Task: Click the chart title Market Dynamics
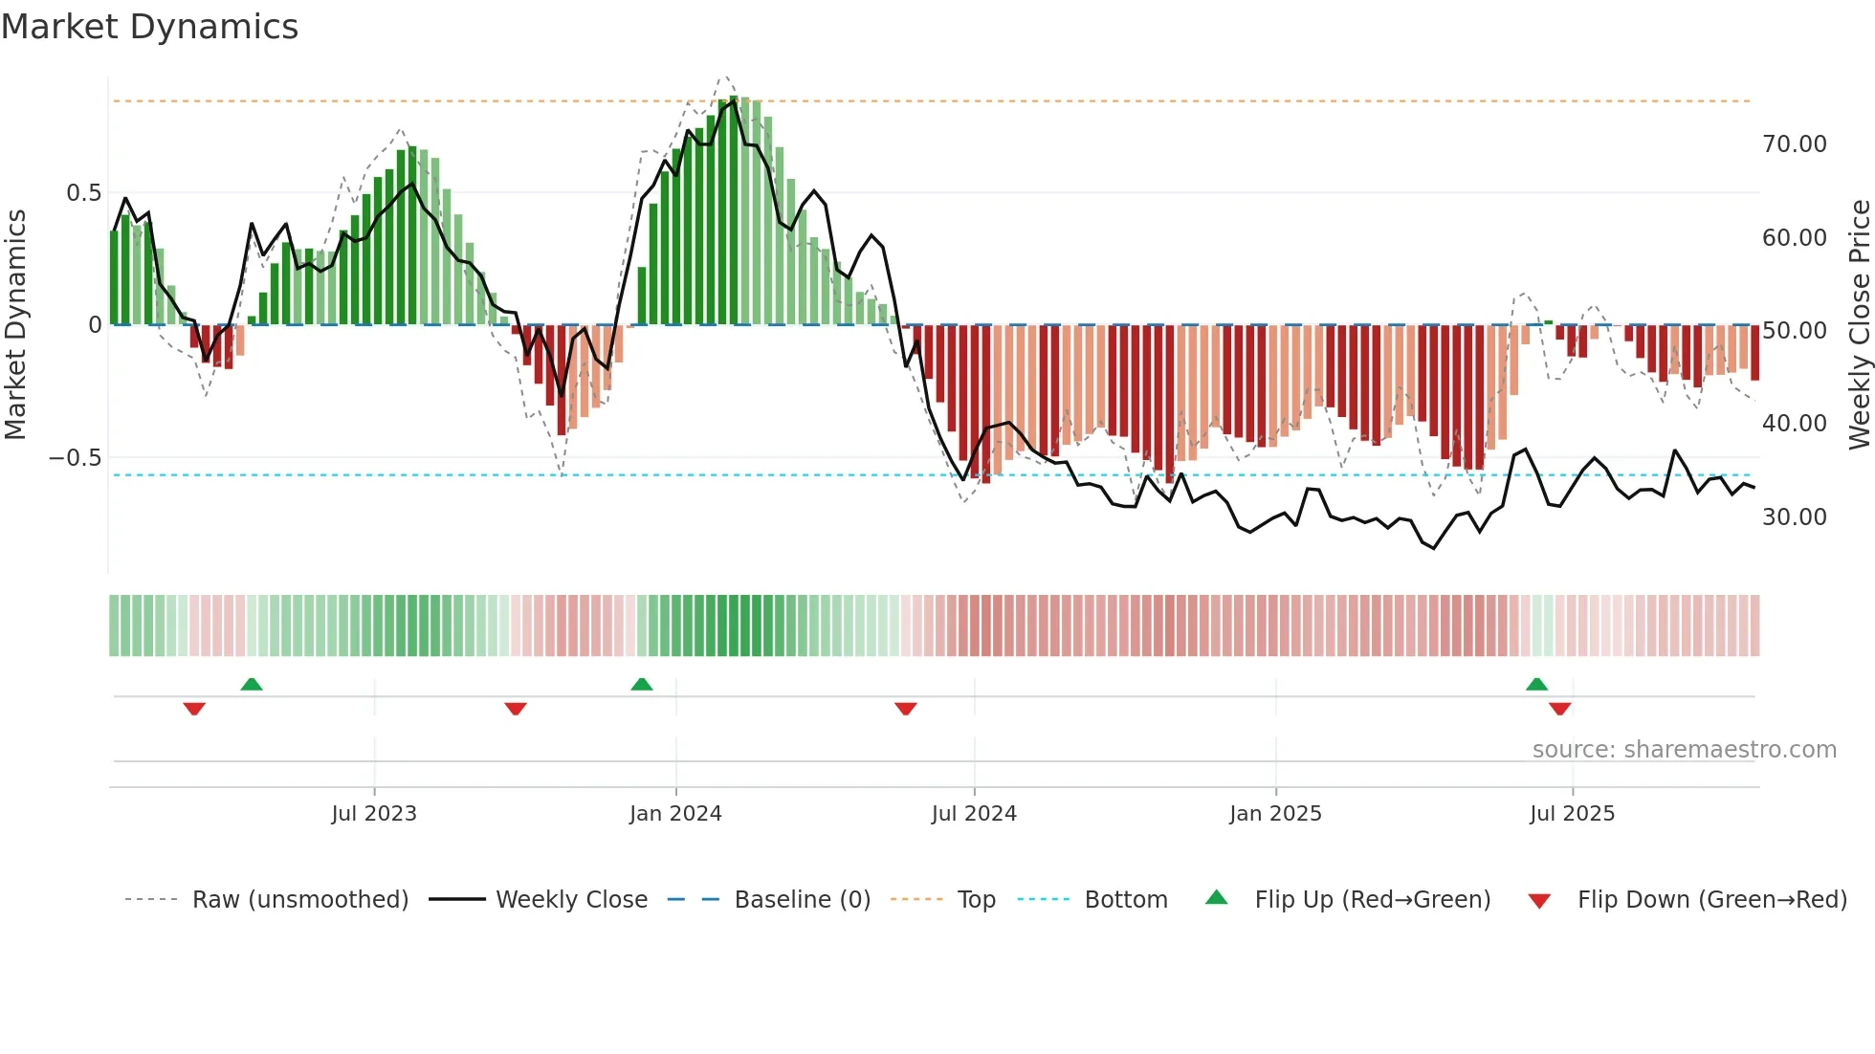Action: pyautogui.click(x=150, y=27)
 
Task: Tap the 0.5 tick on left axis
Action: pyautogui.click(x=83, y=193)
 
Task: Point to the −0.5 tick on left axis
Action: pyautogui.click(x=75, y=458)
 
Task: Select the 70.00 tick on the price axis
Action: pyautogui.click(x=1794, y=144)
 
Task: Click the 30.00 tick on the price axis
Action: pyautogui.click(x=1794, y=517)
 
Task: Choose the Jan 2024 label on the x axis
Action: pyautogui.click(x=675, y=814)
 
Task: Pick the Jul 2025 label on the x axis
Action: pyautogui.click(x=1572, y=814)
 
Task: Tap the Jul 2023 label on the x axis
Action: pyautogui.click(x=374, y=814)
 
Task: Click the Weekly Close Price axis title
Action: pyautogui.click(x=1859, y=324)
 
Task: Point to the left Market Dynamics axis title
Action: pyautogui.click(x=15, y=324)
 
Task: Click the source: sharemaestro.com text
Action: pyautogui.click(x=1684, y=750)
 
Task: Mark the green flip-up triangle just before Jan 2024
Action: pyautogui.click(x=642, y=685)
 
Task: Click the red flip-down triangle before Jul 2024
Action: pyautogui.click(x=906, y=709)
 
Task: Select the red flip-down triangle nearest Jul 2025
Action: pyautogui.click(x=1560, y=709)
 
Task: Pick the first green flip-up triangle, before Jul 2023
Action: pyautogui.click(x=252, y=685)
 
